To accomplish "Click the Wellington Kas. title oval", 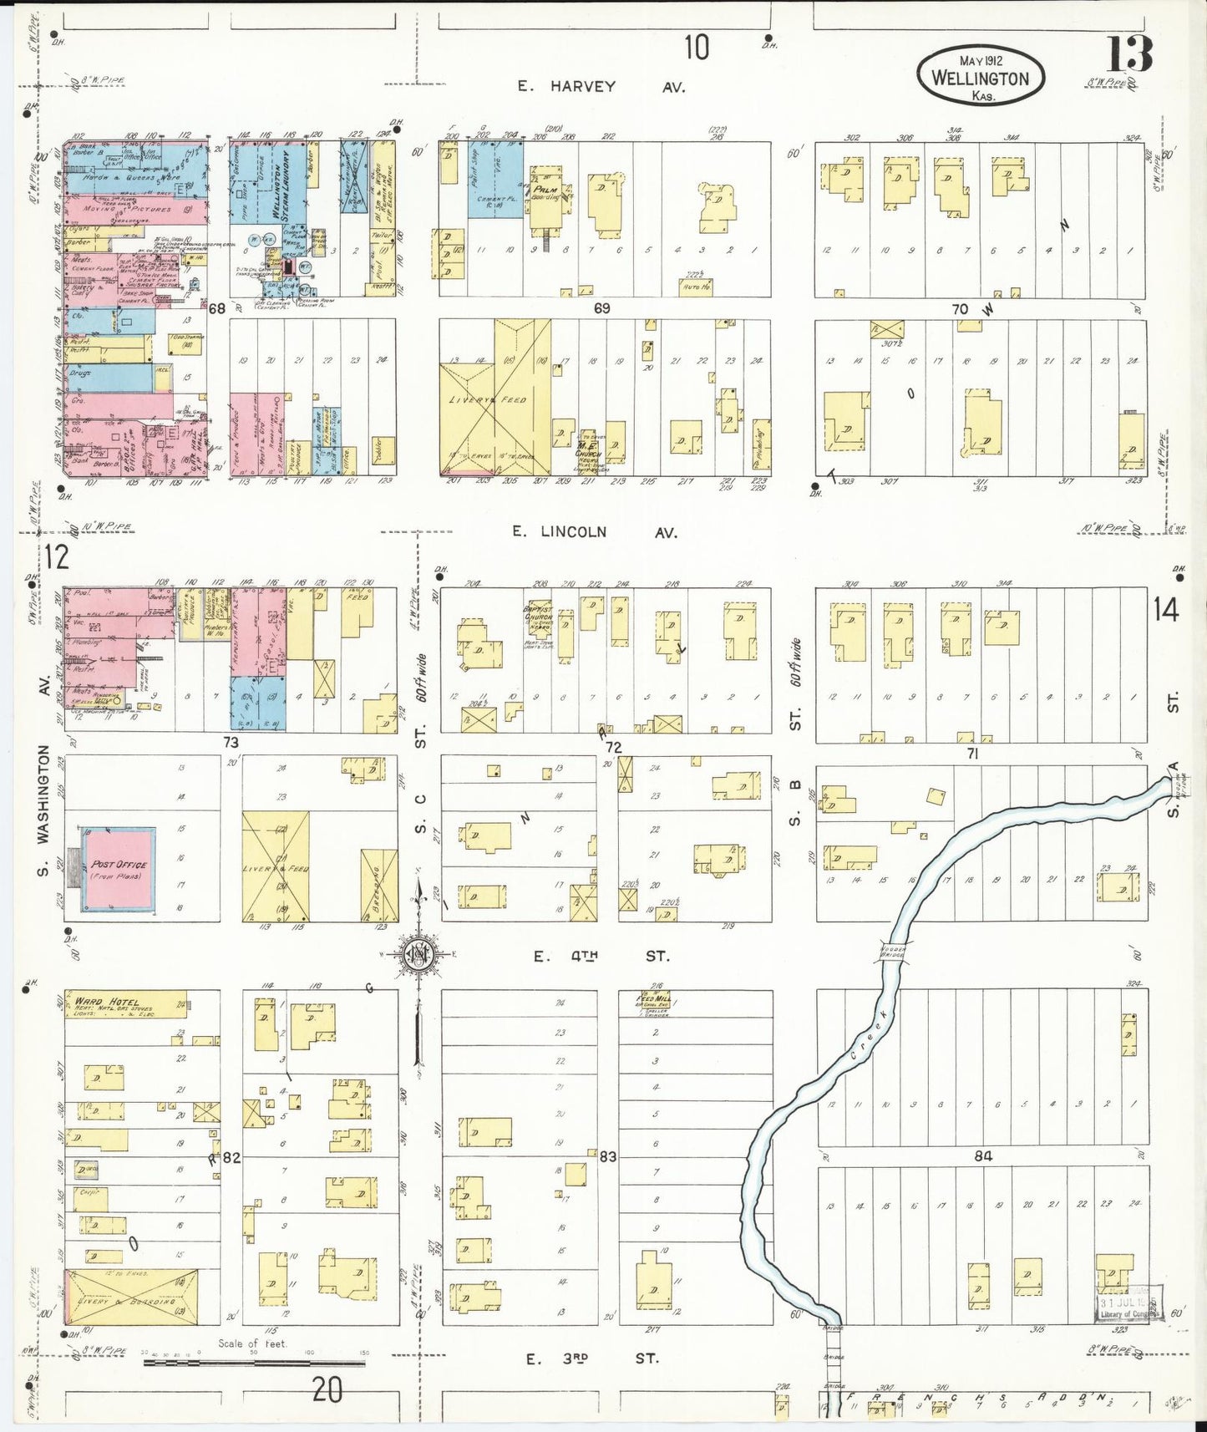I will coord(980,75).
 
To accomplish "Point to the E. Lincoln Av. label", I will coord(596,532).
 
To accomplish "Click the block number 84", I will coord(982,1156).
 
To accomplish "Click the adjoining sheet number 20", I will coord(327,1390).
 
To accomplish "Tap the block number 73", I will coord(231,742).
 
